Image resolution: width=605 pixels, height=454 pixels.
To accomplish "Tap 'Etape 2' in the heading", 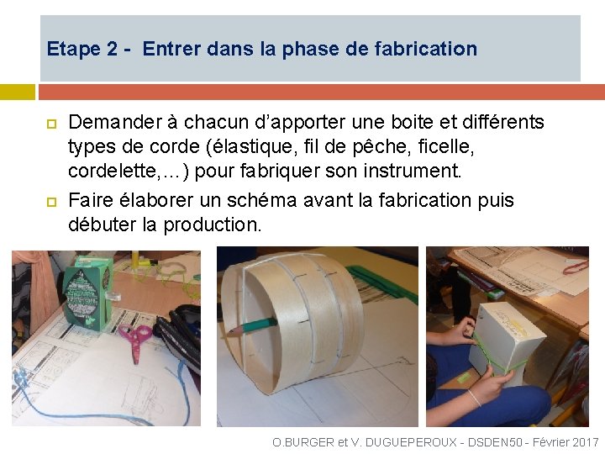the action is [82, 49].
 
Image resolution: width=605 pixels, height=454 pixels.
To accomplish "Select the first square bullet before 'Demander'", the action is [52, 124].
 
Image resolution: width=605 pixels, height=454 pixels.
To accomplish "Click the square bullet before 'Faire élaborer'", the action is [52, 202].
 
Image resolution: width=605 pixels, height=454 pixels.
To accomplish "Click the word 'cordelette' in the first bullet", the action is [112, 171].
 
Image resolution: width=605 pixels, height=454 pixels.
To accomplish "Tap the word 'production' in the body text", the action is [210, 224].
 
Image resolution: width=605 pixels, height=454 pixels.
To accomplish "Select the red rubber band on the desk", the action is [576, 267].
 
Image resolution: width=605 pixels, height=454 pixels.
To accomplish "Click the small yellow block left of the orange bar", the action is [18, 92].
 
